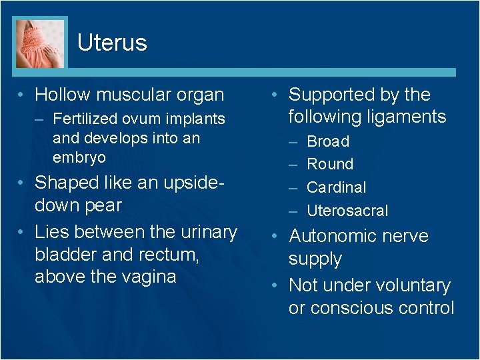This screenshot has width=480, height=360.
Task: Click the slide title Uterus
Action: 112,43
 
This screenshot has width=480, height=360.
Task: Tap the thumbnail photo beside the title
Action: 41,43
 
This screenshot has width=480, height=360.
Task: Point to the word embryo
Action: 79,157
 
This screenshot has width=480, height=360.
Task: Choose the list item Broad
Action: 328,141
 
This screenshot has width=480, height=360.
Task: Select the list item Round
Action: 330,164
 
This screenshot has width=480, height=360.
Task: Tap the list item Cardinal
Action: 336,187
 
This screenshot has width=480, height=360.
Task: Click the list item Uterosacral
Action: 347,211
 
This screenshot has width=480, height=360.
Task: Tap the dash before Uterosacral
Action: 293,211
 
